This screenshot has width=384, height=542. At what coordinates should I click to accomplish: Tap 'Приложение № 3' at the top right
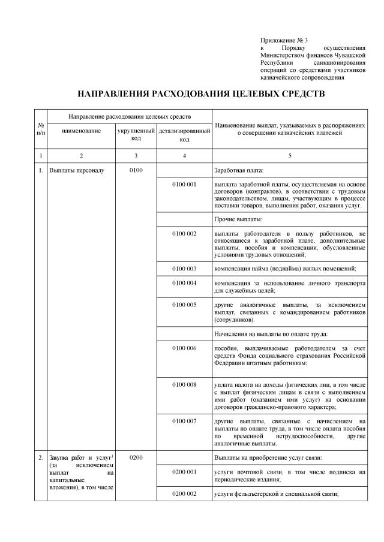coord(280,39)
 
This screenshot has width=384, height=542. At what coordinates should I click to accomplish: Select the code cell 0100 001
coord(184,184)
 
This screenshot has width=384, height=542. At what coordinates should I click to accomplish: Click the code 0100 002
coord(184,233)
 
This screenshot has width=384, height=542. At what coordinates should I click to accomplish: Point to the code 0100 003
coord(184,267)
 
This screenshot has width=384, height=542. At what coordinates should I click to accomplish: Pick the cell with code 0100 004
coord(184,282)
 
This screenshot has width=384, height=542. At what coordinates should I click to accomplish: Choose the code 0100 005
coord(184,305)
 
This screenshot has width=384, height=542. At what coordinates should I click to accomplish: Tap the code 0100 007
coord(184,423)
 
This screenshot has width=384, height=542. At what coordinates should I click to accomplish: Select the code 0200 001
coord(184,472)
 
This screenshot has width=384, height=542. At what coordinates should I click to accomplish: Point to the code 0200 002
coord(184,493)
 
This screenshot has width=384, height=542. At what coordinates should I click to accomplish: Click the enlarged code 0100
coord(136,170)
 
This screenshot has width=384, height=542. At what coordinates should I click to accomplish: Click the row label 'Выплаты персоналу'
coord(76,170)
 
